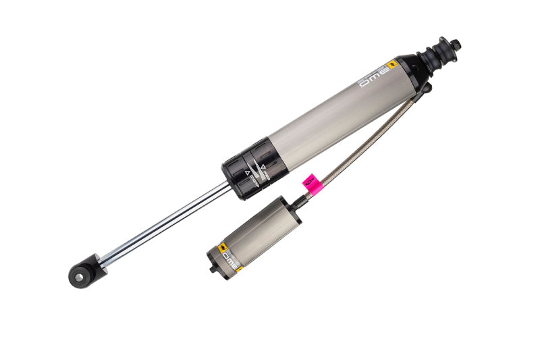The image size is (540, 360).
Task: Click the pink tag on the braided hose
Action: [312, 182]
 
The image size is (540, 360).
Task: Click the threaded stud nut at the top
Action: [456, 45]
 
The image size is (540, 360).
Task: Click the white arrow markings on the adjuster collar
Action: [257, 169]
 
